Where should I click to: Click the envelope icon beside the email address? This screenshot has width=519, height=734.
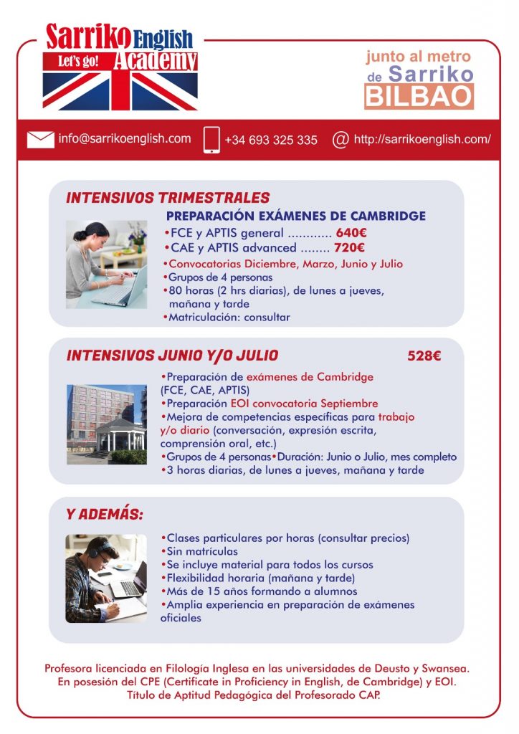coord(41,139)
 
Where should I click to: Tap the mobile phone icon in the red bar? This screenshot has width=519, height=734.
coord(211,140)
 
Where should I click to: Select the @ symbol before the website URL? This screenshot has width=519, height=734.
coord(341,139)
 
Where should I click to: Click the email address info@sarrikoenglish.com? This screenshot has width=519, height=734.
coord(124,138)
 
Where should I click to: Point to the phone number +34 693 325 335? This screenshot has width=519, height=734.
coord(271,140)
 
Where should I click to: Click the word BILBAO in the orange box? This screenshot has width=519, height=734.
coord(419,96)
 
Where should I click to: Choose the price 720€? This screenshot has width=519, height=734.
coord(350,248)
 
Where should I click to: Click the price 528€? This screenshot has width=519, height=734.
coord(424,356)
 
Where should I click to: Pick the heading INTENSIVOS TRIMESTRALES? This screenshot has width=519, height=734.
coord(168,198)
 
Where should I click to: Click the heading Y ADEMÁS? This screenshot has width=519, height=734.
coord(104,515)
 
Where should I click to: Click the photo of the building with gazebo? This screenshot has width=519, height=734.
coord(106,424)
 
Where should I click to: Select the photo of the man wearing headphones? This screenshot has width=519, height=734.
coord(106,578)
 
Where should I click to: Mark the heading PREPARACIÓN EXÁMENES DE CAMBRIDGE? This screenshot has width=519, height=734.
coord(295,216)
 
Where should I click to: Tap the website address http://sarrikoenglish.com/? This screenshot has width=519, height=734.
coord(422,139)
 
